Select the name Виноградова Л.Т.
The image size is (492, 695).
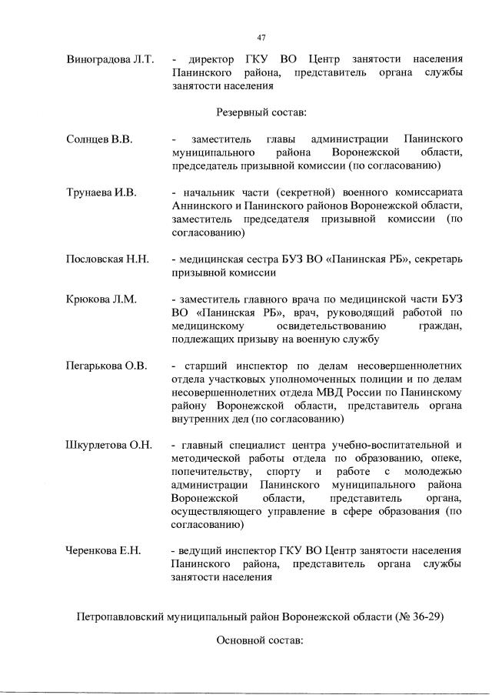(x=111, y=58)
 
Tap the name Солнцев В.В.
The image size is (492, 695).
(x=100, y=139)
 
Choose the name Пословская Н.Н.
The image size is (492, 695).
(x=108, y=259)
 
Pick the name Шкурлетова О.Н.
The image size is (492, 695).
(x=109, y=446)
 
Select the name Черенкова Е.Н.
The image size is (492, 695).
(x=106, y=551)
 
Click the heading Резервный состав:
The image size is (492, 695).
(x=261, y=112)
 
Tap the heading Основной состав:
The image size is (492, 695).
(x=261, y=640)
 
